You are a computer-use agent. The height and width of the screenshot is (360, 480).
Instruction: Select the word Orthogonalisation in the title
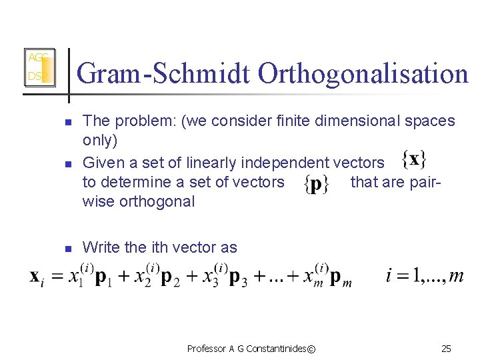tap(363, 73)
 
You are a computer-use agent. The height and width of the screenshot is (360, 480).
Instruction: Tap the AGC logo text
tap(36, 58)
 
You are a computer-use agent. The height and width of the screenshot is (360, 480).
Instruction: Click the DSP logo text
tap(35, 77)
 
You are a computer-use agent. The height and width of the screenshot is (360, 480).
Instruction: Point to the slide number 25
tap(446, 349)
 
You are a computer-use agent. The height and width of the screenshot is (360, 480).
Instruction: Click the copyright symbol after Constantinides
tap(313, 349)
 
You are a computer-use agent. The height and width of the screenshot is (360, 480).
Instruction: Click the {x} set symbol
tap(415, 160)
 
